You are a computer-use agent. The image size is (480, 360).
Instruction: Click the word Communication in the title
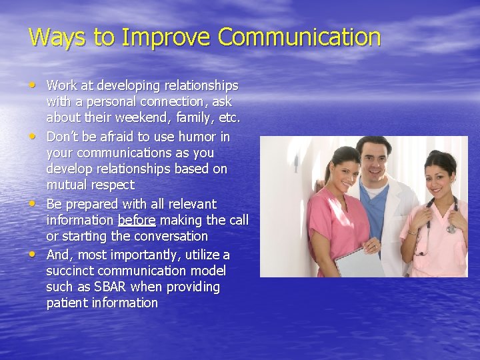pyautogui.click(x=299, y=37)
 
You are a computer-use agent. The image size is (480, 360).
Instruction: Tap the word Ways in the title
pyautogui.click(x=57, y=37)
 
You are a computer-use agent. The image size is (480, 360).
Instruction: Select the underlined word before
pyautogui.click(x=137, y=220)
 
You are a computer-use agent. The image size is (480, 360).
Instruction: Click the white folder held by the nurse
pyautogui.click(x=360, y=262)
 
